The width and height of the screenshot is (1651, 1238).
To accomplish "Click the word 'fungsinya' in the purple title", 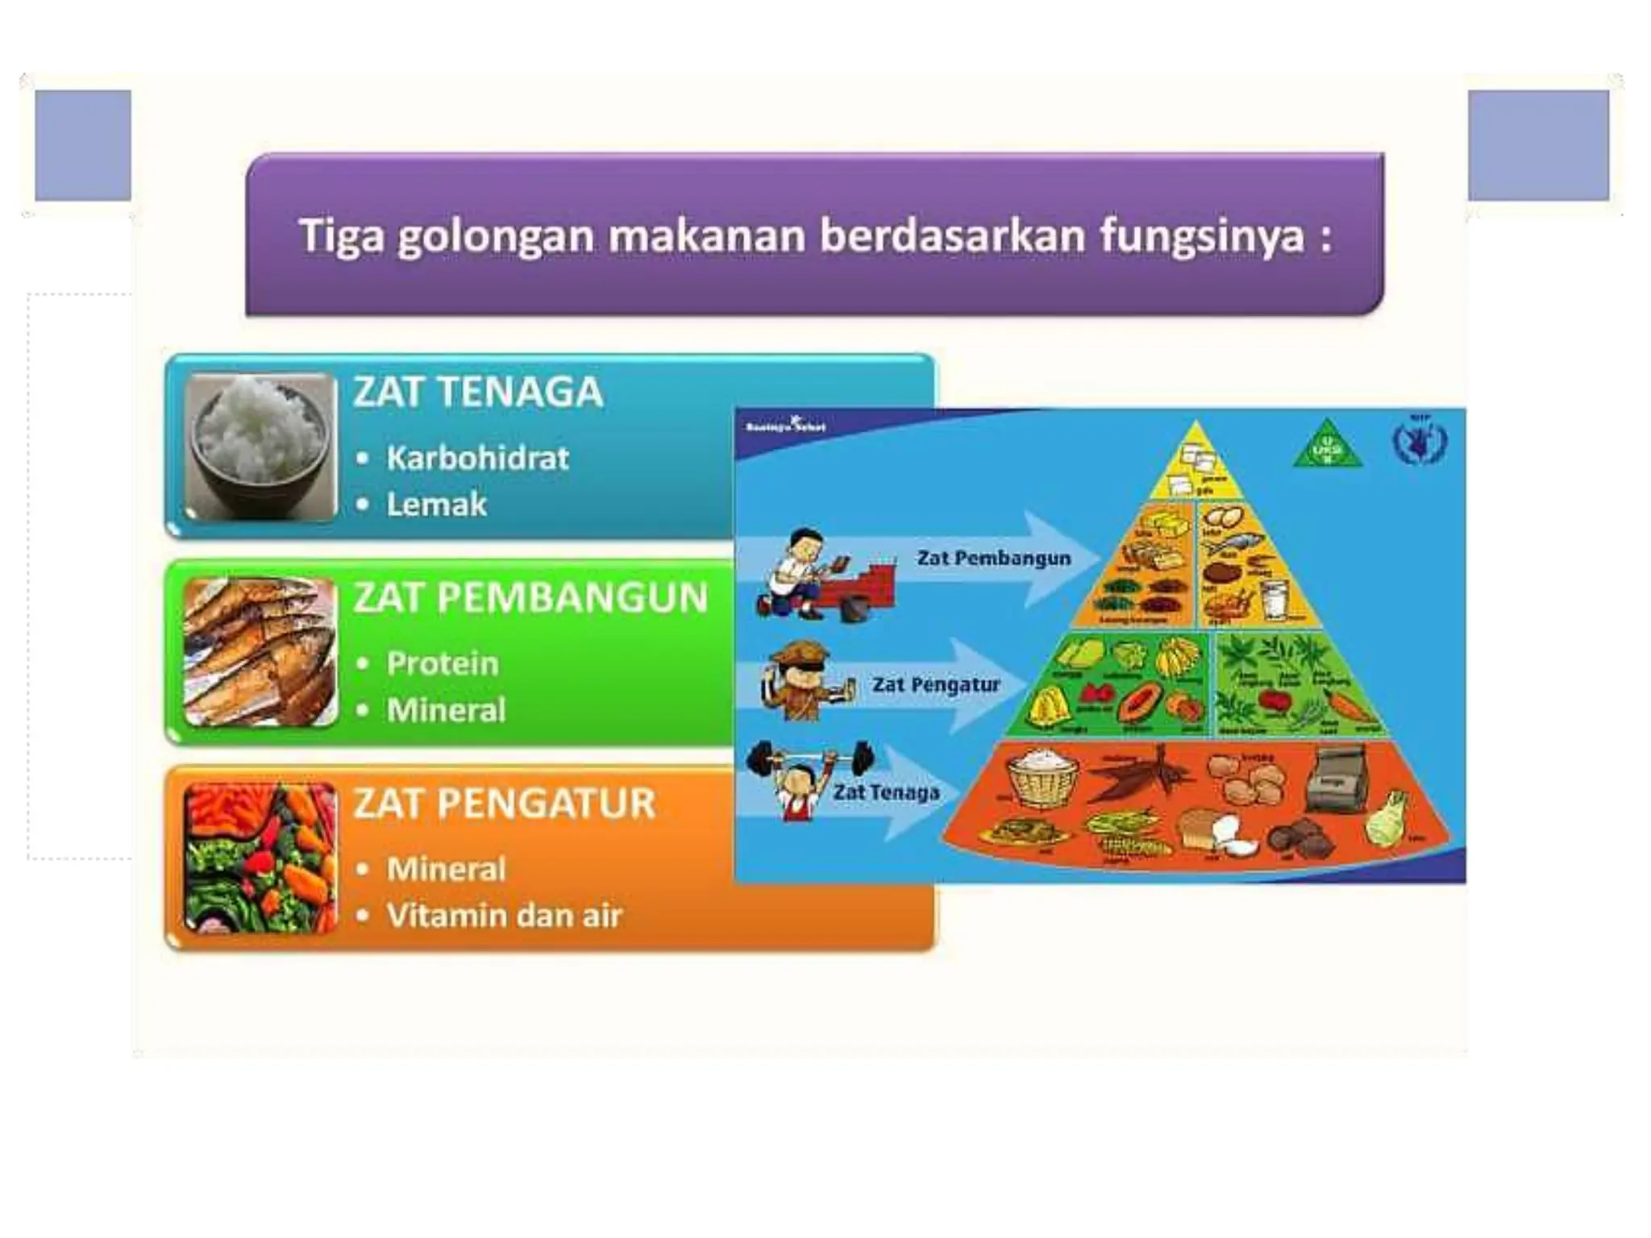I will click(1202, 237).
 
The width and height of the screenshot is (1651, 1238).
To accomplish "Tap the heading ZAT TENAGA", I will click(478, 393).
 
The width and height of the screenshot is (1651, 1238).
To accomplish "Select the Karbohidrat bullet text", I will click(477, 459).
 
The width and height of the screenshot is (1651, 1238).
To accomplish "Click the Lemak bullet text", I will click(436, 505).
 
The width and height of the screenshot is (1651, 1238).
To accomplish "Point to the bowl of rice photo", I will click(260, 445).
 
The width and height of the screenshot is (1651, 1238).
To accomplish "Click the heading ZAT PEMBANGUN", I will click(530, 598).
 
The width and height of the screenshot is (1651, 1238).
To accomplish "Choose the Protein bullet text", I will click(442, 664).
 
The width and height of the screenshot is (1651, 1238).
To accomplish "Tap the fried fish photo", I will click(260, 651).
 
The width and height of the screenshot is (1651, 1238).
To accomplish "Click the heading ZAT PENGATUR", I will click(505, 804).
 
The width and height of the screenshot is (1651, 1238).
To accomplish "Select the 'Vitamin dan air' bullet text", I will click(504, 916).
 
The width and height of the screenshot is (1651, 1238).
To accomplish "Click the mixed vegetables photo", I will click(260, 858).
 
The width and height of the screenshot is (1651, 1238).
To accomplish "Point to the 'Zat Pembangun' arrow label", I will click(993, 559).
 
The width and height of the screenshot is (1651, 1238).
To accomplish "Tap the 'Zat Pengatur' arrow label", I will click(935, 685).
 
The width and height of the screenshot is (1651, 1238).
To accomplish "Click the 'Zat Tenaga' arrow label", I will click(886, 792).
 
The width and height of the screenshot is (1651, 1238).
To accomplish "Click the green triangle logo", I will click(1327, 445).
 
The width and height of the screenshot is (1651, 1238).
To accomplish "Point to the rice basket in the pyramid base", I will click(1043, 778).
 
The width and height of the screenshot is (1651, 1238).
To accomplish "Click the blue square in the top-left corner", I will click(83, 145).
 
